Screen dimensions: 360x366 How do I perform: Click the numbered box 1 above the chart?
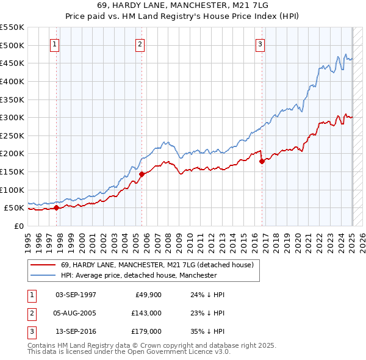coord(55,44)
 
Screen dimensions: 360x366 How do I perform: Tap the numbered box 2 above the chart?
coord(140,44)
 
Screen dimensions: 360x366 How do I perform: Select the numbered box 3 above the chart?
coord(260,44)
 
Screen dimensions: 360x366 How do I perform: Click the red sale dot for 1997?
coord(56,207)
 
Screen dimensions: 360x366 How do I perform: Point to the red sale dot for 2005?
coord(142,174)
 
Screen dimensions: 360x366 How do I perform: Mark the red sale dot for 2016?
coord(262,162)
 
